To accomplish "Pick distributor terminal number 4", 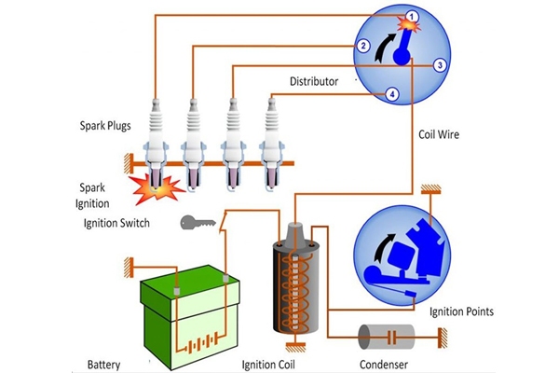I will tap(392, 94).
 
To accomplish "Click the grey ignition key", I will tap(198, 223).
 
